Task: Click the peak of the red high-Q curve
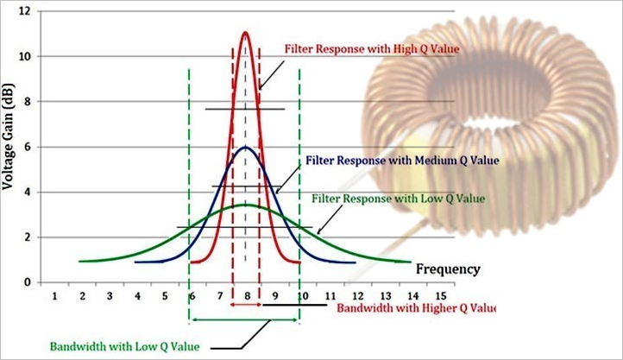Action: [x=246, y=33]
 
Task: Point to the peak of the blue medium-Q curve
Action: [x=246, y=147]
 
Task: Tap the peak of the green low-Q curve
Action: [x=246, y=205]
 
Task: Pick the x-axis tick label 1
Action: [x=54, y=296]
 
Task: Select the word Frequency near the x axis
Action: [x=448, y=268]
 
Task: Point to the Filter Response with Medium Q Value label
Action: [x=402, y=161]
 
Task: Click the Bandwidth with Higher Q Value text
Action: [x=417, y=307]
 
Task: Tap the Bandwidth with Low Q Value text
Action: [x=124, y=346]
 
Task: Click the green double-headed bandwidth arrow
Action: [x=245, y=320]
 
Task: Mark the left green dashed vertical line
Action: [x=190, y=173]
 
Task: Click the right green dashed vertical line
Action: [x=299, y=173]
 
